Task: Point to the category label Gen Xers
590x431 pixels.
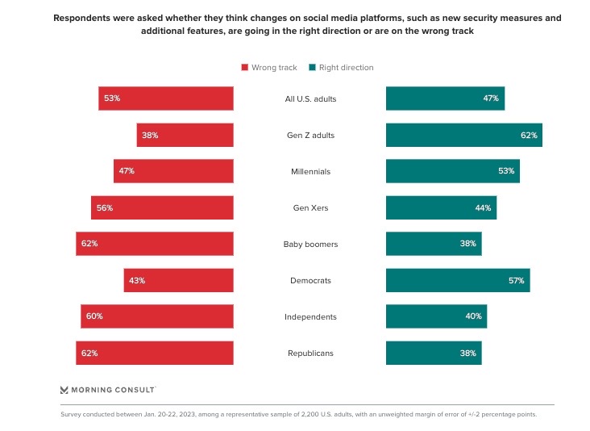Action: tap(310, 207)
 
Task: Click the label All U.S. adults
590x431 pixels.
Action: tap(310, 98)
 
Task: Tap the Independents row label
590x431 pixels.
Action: tap(310, 316)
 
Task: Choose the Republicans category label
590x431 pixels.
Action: tap(310, 353)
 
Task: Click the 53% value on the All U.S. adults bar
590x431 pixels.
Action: tap(112, 98)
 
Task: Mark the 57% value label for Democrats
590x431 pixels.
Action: tap(516, 280)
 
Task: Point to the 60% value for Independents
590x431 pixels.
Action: tap(94, 316)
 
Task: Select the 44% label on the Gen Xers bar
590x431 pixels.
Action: tap(483, 207)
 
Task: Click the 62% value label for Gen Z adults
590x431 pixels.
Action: tap(529, 135)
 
